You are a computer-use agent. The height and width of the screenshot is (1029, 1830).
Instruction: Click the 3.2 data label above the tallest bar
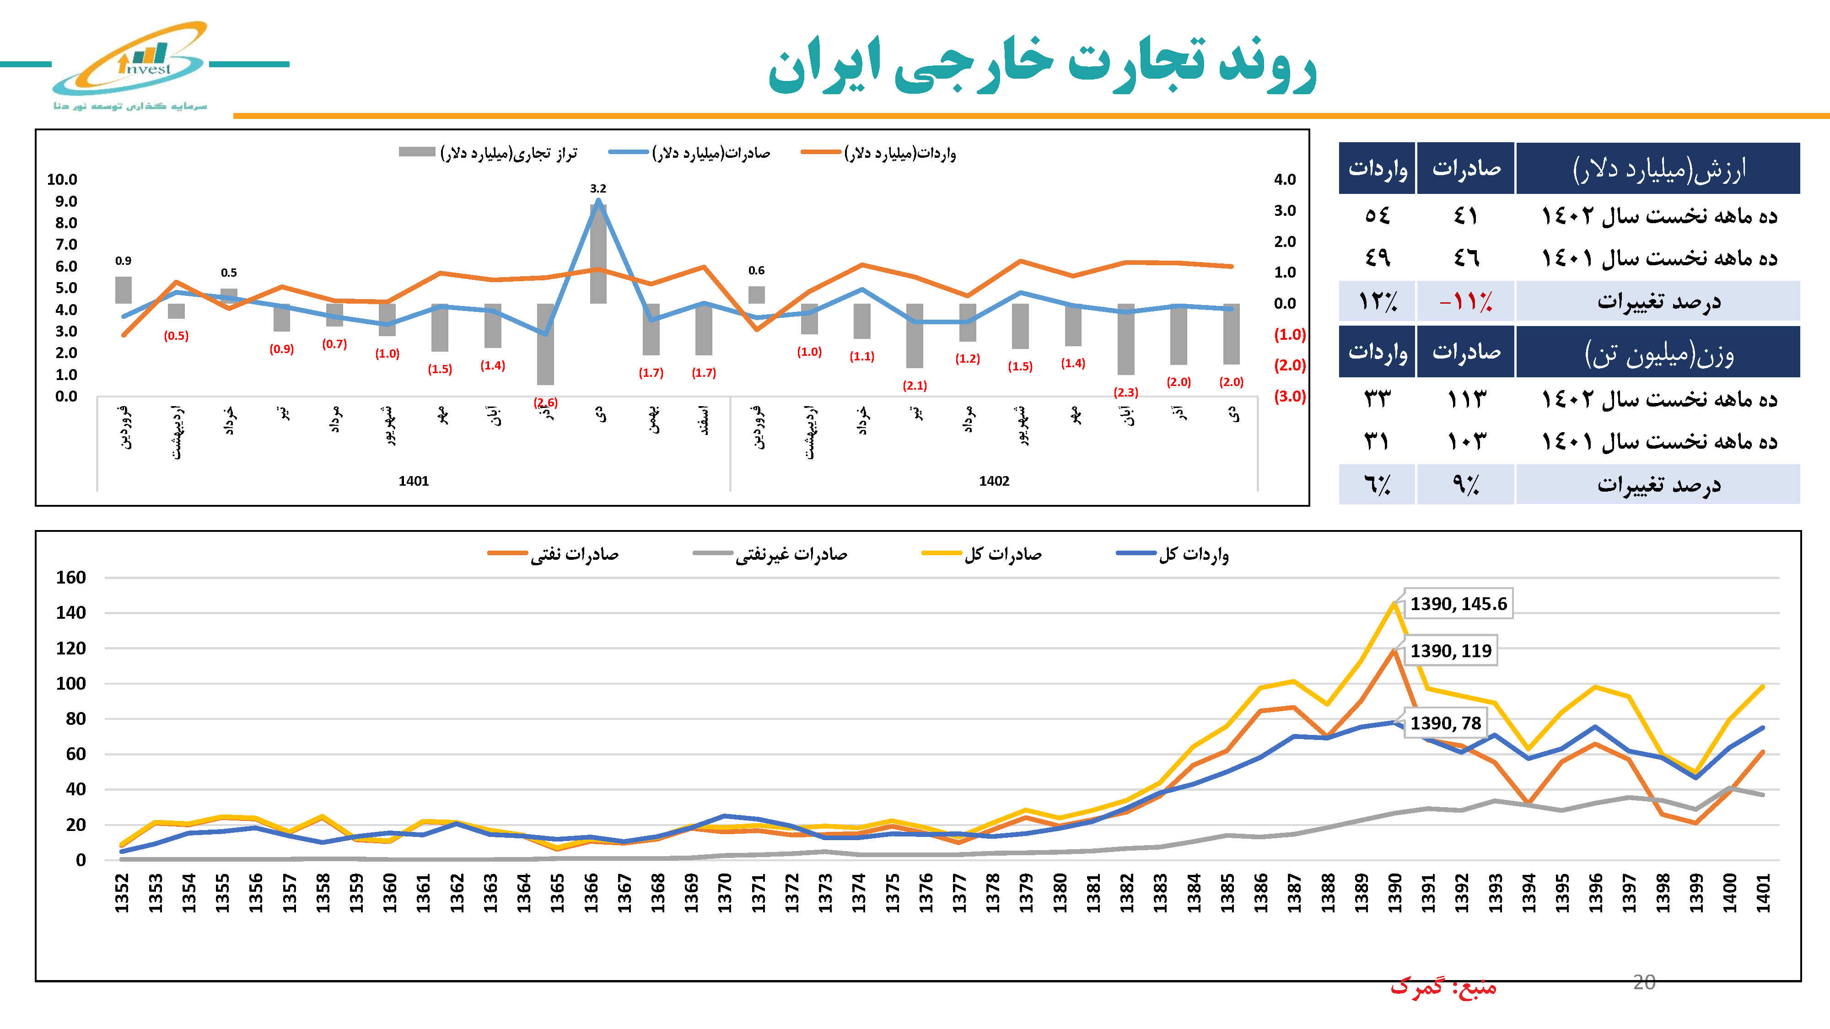pos(597,188)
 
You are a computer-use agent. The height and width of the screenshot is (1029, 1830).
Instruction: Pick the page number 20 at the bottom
pos(1644,982)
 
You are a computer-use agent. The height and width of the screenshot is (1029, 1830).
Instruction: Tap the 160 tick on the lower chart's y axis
pos(71,577)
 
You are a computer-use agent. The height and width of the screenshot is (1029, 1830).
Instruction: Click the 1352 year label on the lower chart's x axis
pos(122,893)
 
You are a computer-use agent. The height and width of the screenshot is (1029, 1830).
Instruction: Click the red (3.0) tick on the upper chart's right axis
pos(1289,396)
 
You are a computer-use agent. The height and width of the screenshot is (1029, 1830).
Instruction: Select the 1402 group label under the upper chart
pos(994,481)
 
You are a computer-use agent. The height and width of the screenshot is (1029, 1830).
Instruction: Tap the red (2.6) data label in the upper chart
pos(546,402)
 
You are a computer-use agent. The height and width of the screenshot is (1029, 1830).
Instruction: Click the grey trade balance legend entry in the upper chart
pos(490,153)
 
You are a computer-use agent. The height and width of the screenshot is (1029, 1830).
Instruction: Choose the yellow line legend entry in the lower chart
pos(984,554)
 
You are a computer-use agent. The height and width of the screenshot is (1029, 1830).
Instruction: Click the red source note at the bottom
pos(1443,987)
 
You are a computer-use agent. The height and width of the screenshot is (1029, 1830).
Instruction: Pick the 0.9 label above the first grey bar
pos(123,261)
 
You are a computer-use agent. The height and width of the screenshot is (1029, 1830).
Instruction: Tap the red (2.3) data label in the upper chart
pos(1125,392)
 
